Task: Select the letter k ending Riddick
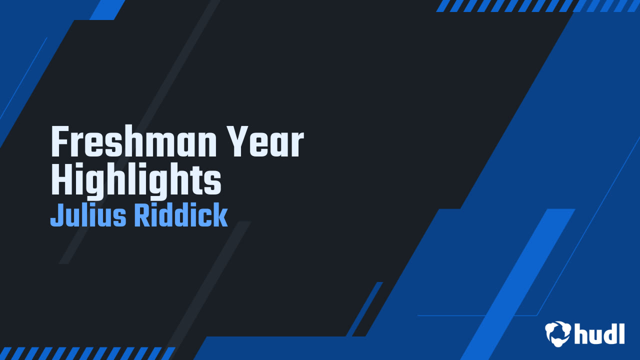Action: [x=220, y=216]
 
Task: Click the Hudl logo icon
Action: [x=558, y=333]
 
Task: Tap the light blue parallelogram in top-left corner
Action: [x=107, y=9]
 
